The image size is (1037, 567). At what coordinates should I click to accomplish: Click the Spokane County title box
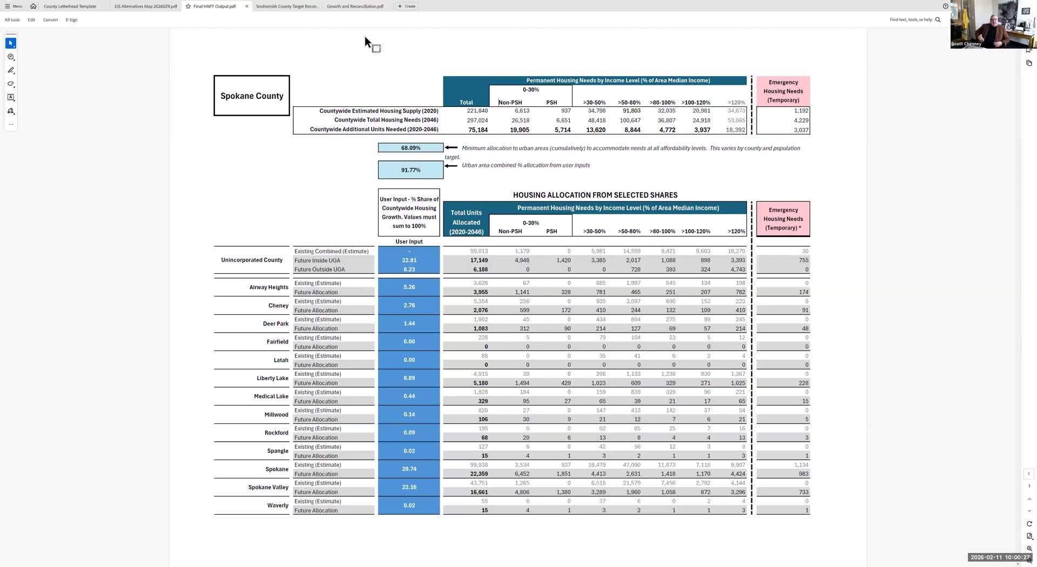pyautogui.click(x=252, y=96)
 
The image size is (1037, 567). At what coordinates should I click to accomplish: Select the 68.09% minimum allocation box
pyautogui.click(x=410, y=148)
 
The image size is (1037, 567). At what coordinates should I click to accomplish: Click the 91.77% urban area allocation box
pyautogui.click(x=410, y=170)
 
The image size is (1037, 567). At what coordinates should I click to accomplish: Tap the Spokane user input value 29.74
pyautogui.click(x=409, y=469)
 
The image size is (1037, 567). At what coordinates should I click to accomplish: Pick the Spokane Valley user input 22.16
pyautogui.click(x=409, y=487)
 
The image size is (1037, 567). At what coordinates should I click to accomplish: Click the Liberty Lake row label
pyautogui.click(x=272, y=379)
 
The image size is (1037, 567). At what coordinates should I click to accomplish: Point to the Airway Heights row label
pyautogui.click(x=268, y=287)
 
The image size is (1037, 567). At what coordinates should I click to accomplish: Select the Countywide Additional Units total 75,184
pyautogui.click(x=477, y=130)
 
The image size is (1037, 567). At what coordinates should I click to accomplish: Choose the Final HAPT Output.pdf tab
pyautogui.click(x=214, y=6)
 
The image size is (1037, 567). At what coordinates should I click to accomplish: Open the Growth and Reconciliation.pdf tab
pyautogui.click(x=355, y=6)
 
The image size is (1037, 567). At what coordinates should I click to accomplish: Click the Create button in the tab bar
pyautogui.click(x=407, y=6)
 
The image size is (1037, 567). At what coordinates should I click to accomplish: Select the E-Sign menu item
pyautogui.click(x=71, y=20)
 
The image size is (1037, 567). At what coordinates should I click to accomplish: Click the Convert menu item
pyautogui.click(x=50, y=20)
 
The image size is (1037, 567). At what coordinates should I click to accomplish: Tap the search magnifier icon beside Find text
pyautogui.click(x=938, y=20)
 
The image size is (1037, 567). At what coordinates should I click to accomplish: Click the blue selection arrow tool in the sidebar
pyautogui.click(x=11, y=43)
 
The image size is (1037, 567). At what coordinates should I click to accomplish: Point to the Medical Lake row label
pyautogui.click(x=271, y=396)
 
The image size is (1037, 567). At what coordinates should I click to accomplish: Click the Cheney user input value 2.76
pyautogui.click(x=409, y=306)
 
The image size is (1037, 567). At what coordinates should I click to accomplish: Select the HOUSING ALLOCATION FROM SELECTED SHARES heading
pyautogui.click(x=595, y=195)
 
